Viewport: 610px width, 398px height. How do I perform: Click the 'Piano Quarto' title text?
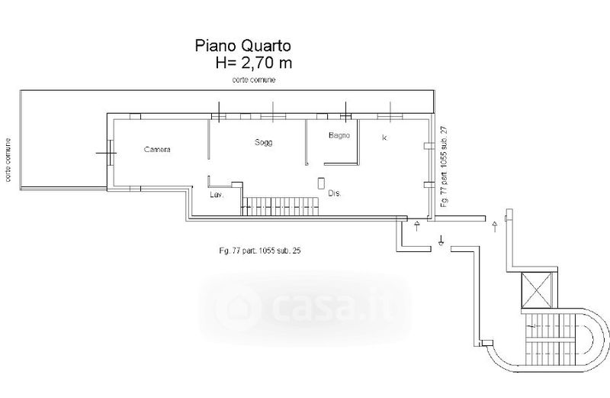pos(242,46)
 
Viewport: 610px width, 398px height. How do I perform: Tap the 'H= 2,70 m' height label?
pos(254,63)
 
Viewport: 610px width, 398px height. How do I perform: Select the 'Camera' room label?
pos(157,149)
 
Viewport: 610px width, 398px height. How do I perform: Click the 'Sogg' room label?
pos(263,142)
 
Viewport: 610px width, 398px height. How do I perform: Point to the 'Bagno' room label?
pos(339,136)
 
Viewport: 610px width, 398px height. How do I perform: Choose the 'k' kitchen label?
pos(384,138)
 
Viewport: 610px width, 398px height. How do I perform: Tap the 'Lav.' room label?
pos(217,195)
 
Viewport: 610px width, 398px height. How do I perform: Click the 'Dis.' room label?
pos(335,193)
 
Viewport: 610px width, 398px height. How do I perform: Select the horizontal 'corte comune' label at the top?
pos(254,79)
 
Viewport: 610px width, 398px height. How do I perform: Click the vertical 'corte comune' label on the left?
pos(8,160)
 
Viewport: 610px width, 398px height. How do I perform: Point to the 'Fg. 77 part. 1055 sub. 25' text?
pos(260,251)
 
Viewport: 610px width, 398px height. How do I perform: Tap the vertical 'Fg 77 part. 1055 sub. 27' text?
pos(445,166)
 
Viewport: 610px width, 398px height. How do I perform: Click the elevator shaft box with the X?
pos(537,290)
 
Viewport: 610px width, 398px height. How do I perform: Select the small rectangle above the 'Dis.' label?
pos(321,183)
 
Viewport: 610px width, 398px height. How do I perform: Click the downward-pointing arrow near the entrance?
pos(441,241)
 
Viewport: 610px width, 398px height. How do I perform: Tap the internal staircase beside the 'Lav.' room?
pos(280,206)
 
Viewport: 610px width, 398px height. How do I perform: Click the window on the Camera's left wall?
pos(111,153)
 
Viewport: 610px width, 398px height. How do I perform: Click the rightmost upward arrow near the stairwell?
pos(494,226)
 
